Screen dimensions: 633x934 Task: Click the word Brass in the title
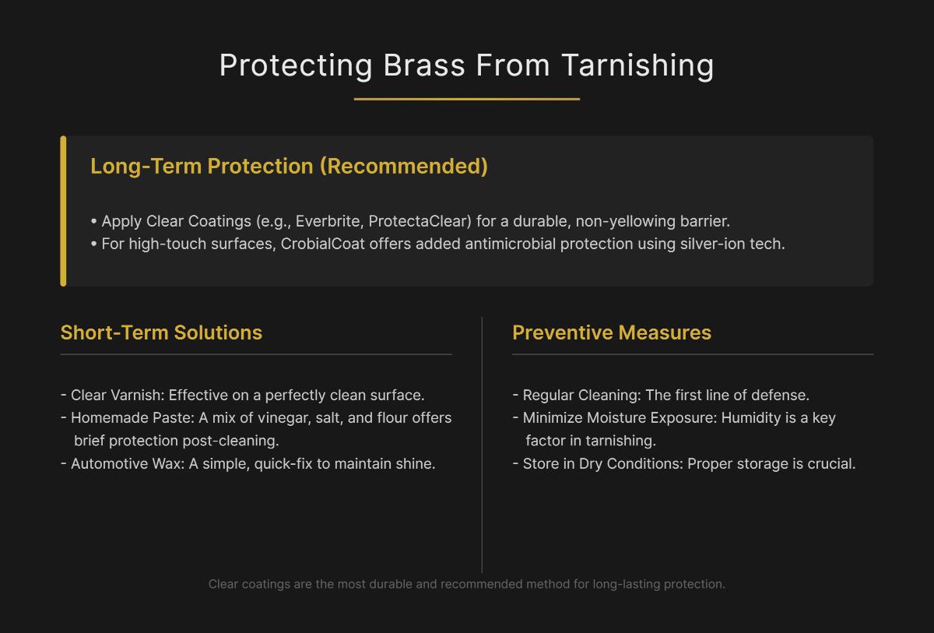424,65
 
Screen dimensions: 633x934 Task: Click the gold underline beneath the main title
467,99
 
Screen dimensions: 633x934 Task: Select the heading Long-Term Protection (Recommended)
289,167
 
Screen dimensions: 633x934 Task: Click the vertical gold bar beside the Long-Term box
63,211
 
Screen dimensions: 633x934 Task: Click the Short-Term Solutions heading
161,332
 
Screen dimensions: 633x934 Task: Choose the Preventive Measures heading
612,332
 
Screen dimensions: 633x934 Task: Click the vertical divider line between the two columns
482,444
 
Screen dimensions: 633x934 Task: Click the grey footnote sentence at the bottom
467,584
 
